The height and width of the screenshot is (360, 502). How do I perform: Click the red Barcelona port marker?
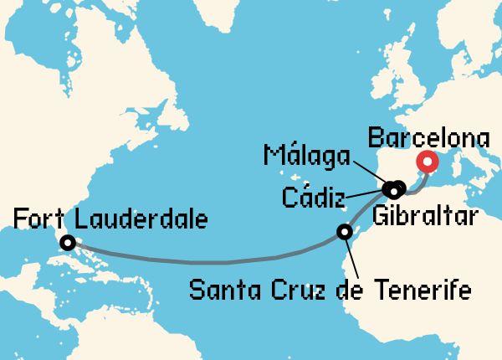point(428,162)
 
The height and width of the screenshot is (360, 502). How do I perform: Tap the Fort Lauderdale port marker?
point(67,243)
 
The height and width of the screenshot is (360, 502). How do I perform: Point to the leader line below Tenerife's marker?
point(353,256)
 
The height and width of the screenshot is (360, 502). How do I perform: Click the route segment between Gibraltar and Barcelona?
point(418,181)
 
